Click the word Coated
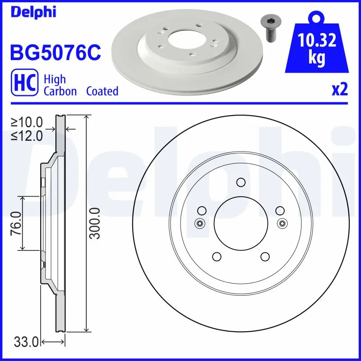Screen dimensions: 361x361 (x=102, y=91)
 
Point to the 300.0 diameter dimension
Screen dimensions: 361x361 (x=95, y=223)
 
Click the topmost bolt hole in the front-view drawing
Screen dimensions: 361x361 (x=241, y=182)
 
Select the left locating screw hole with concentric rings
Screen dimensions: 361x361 (x=199, y=223)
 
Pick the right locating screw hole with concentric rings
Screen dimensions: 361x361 (x=282, y=223)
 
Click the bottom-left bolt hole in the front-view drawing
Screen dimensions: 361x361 (x=217, y=257)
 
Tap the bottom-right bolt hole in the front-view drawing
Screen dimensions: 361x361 (x=265, y=257)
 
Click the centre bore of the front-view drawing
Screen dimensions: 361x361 (x=241, y=223)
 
